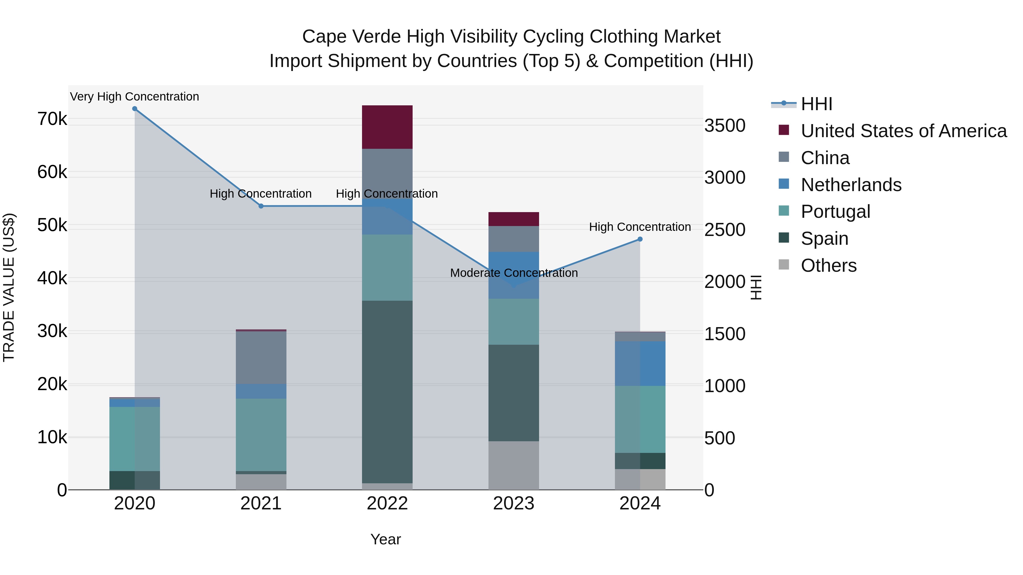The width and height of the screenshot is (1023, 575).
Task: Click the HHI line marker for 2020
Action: (x=135, y=109)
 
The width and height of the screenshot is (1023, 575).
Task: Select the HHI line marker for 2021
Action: (x=261, y=206)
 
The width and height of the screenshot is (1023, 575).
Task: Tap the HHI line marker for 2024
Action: (x=640, y=239)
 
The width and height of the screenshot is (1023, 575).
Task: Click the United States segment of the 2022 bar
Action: (x=387, y=127)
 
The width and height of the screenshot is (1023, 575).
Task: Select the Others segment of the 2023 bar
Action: (x=513, y=465)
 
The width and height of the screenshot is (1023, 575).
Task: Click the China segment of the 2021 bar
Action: (x=261, y=357)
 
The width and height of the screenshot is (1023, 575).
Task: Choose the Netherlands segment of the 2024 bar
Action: (x=640, y=363)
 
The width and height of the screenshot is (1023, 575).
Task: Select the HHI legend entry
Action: (x=816, y=104)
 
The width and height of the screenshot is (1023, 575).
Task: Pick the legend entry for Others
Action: (x=828, y=265)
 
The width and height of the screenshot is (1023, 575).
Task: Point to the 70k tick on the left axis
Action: (x=52, y=119)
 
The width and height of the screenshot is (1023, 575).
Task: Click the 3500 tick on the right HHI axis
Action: (x=725, y=126)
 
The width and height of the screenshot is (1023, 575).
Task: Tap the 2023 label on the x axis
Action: (x=513, y=503)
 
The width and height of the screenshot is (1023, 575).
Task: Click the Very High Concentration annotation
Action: (x=135, y=97)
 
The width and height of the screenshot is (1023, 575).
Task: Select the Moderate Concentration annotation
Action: (x=513, y=273)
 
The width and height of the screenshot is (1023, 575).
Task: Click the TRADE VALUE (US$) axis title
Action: (x=9, y=287)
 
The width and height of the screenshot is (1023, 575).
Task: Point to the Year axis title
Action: (x=386, y=539)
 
